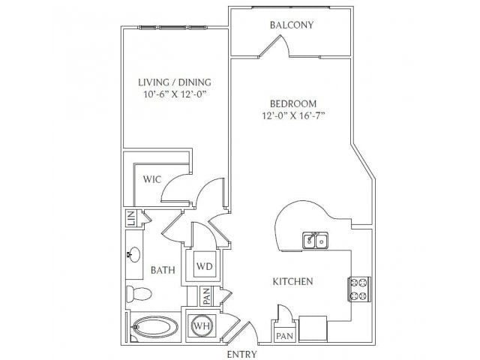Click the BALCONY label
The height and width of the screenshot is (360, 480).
click(x=292, y=25)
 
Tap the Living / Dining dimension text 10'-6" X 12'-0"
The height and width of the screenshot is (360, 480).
click(x=174, y=94)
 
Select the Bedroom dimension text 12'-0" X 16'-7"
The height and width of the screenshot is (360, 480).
click(x=293, y=115)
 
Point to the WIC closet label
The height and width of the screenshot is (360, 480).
click(x=152, y=179)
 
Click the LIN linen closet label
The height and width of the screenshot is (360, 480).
click(x=131, y=218)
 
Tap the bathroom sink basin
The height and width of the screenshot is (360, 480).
click(x=133, y=255)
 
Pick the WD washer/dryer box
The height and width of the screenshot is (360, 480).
click(x=205, y=266)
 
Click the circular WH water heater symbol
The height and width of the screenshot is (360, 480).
click(x=202, y=326)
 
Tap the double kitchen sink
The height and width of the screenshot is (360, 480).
click(x=316, y=240)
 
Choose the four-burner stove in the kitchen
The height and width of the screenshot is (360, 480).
click(x=358, y=289)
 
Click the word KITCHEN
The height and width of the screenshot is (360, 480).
click(x=293, y=282)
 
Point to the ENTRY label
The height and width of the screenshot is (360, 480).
click(x=241, y=354)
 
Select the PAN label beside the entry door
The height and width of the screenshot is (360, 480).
click(x=285, y=336)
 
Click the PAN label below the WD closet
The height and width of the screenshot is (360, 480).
click(x=207, y=296)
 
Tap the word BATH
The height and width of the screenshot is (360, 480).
click(x=163, y=270)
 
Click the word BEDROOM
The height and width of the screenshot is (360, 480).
click(x=293, y=103)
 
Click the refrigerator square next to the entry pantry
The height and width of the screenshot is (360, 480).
click(x=313, y=328)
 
